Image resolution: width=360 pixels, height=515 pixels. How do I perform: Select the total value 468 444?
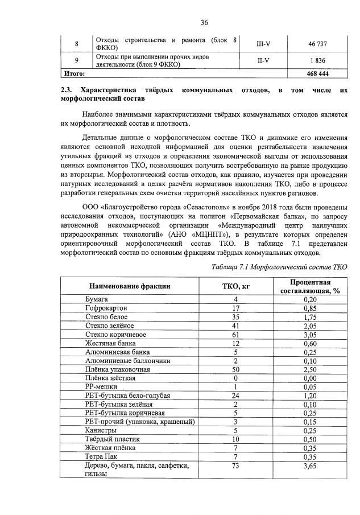318,73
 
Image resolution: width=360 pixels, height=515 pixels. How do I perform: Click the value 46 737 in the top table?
318,44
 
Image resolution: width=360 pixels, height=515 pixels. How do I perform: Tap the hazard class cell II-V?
263,61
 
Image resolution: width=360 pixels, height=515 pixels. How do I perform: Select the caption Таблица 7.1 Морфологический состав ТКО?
279,265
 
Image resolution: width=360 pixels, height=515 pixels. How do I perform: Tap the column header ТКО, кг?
235,286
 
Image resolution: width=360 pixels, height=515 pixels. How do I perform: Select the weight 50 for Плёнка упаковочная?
235,369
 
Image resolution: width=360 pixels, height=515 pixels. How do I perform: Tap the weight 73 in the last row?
235,466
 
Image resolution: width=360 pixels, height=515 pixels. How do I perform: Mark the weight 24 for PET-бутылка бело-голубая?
235,395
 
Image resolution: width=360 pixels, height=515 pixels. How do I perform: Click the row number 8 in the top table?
77,44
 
